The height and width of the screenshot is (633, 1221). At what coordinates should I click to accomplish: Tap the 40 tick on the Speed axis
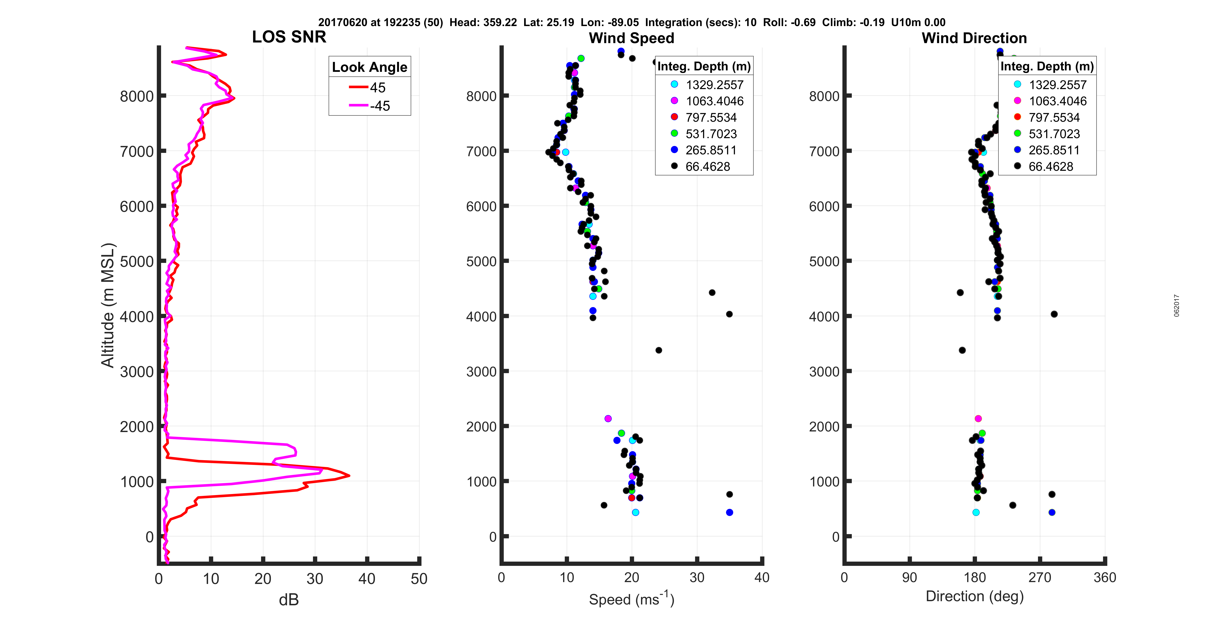click(762, 578)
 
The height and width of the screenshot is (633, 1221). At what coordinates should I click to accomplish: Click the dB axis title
click(289, 600)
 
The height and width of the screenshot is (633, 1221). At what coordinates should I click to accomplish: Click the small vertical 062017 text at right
click(1176, 306)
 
